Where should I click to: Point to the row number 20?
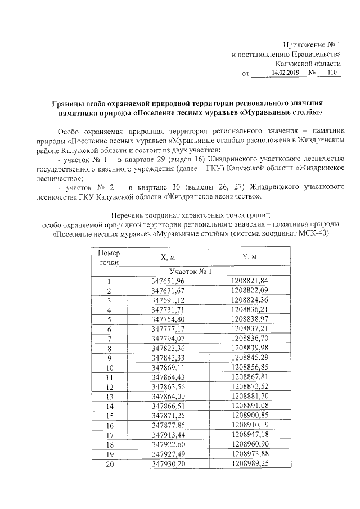pos(109,463)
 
